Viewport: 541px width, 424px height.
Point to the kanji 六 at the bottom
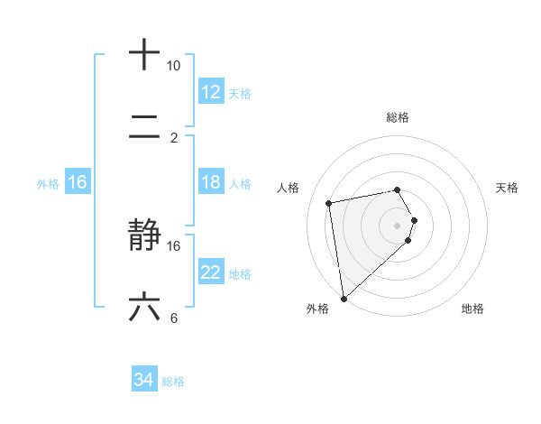pyautogui.click(x=144, y=308)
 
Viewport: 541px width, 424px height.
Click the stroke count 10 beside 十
pyautogui.click(x=173, y=66)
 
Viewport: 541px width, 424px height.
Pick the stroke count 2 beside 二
pyautogui.click(x=173, y=138)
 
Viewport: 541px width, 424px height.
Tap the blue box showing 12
pyautogui.click(x=210, y=91)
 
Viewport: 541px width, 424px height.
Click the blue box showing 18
pyautogui.click(x=210, y=182)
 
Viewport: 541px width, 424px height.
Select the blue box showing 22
pyautogui.click(x=210, y=272)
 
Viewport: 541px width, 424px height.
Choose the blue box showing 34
pyautogui.click(x=143, y=381)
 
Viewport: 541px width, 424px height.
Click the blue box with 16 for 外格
pyautogui.click(x=78, y=182)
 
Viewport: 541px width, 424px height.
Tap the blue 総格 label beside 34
pyautogui.click(x=173, y=382)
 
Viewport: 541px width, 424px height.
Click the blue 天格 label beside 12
pyautogui.click(x=240, y=93)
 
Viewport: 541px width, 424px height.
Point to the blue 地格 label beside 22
pyautogui.click(x=240, y=273)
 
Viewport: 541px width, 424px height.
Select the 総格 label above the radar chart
pyautogui.click(x=397, y=117)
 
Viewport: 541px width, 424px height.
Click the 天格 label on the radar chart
pyautogui.click(x=507, y=188)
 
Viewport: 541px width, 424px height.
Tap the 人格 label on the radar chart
pyautogui.click(x=289, y=188)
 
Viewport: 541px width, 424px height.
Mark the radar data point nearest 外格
pyautogui.click(x=344, y=298)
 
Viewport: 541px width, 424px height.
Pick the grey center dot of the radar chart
pyautogui.click(x=397, y=225)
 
